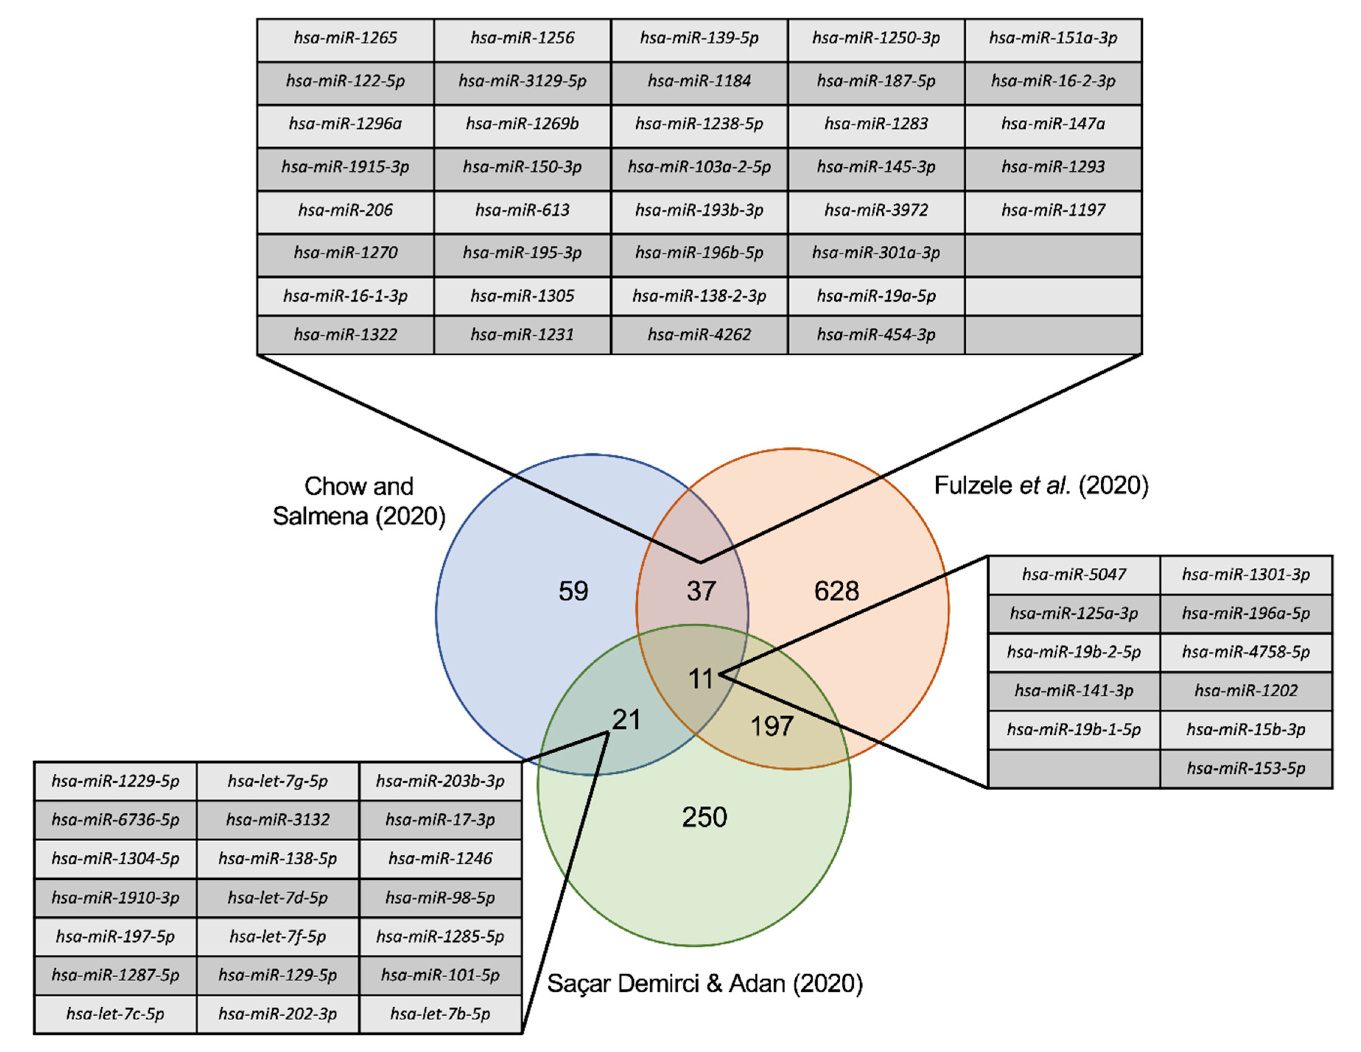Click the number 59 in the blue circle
coord(573,591)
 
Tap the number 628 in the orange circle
coord(836,591)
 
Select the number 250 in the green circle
coord(704,817)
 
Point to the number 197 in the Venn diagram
coord(772,726)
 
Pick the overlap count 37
coord(701,591)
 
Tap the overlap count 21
coord(626,720)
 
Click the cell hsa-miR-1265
coord(345,38)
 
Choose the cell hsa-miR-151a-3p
coord(1053,38)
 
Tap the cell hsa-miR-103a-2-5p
coord(699,167)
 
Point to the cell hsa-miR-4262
coord(699,335)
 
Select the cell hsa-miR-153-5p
coord(1246,768)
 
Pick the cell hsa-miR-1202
coord(1246,691)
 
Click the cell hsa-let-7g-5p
coord(277,781)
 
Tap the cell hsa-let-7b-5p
coord(440,1014)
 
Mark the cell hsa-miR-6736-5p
coord(115,819)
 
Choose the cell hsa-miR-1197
coord(1053,210)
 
